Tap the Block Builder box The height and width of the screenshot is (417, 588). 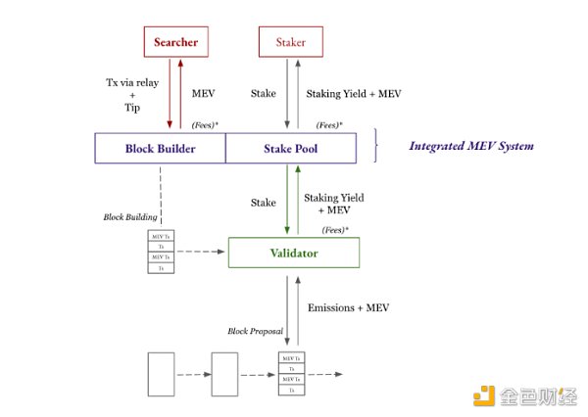click(x=160, y=149)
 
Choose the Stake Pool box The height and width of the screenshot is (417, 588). click(x=291, y=149)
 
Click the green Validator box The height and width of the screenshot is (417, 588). click(x=294, y=253)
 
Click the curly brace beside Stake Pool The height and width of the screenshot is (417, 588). click(x=377, y=147)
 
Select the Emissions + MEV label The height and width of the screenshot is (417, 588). click(x=349, y=306)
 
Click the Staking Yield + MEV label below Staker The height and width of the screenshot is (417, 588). click(x=353, y=94)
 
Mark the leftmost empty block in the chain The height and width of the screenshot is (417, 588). click(x=161, y=375)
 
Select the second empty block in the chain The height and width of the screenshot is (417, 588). click(x=225, y=375)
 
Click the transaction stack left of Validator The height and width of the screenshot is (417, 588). click(x=160, y=252)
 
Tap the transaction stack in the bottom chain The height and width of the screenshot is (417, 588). click(x=291, y=375)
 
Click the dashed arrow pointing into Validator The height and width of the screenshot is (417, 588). click(x=202, y=253)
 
